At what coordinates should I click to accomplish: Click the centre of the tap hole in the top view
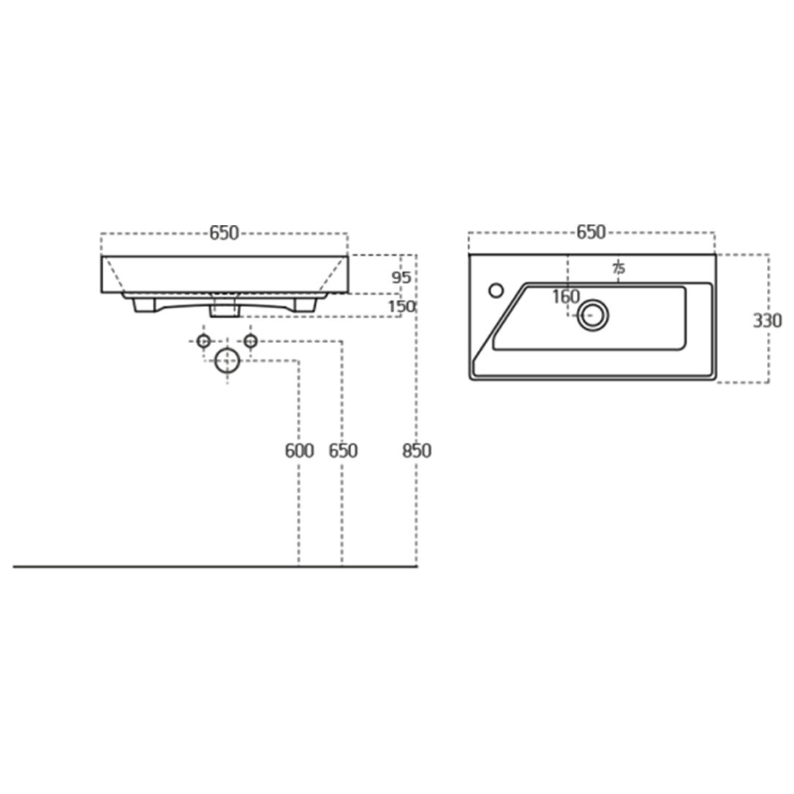tap(496, 290)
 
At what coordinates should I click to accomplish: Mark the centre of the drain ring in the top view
tap(592, 315)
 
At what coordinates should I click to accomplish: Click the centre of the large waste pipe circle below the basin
tap(227, 360)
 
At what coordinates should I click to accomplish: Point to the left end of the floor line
tap(13, 567)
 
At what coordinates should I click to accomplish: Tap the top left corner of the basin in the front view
tap(102, 256)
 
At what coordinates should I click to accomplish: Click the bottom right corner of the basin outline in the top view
tap(716, 379)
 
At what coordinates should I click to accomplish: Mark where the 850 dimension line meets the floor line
tap(416, 567)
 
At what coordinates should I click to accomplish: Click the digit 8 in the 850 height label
tap(407, 450)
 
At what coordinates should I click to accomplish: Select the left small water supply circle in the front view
tap(203, 341)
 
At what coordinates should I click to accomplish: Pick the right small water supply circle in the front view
tap(251, 341)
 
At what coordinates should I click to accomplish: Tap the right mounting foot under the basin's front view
tap(306, 305)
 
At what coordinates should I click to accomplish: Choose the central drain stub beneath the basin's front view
tap(224, 307)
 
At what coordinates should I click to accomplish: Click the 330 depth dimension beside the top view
tap(767, 320)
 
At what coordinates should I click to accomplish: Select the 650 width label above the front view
tap(224, 233)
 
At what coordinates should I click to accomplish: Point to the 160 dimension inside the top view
tap(566, 297)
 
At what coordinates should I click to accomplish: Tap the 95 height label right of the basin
tap(401, 277)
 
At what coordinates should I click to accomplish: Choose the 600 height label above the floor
tap(299, 450)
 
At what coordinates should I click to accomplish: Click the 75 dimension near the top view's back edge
tap(619, 268)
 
